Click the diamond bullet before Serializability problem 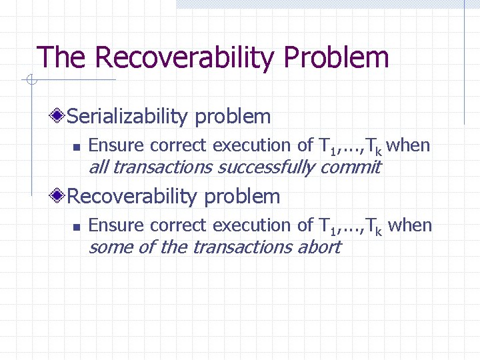59,117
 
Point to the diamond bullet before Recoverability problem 59,197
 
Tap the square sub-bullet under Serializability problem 77,146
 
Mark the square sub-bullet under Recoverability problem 77,227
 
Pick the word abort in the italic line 319,247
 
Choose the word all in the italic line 97,167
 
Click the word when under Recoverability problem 410,225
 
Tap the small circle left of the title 30,81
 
